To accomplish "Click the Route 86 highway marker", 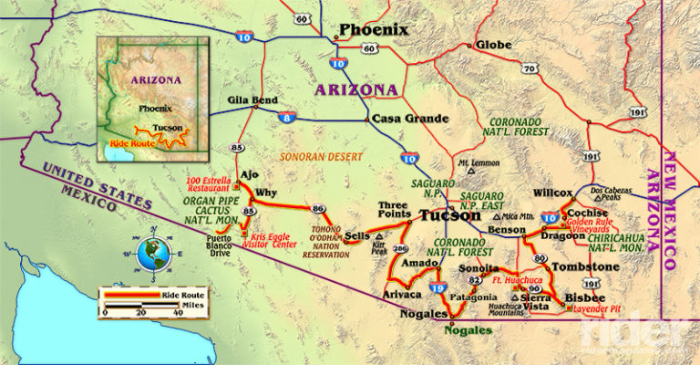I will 318,208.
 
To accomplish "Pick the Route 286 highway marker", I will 399,248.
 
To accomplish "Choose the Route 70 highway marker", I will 528,68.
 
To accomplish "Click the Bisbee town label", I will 580,297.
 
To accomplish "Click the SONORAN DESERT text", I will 320,156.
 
